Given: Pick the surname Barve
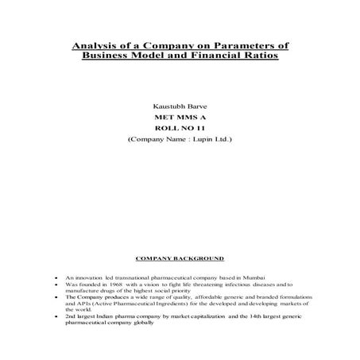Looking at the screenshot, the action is coord(195,105).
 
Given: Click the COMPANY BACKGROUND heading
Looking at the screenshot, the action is coord(180,258).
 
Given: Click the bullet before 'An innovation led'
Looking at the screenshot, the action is coord(53,277).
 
